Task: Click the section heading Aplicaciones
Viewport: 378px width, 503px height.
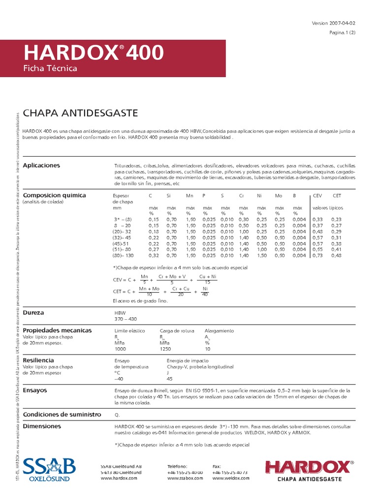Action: (x=41, y=165)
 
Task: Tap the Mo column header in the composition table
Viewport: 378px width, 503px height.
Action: (x=278, y=196)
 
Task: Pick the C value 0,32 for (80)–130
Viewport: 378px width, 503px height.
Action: (x=154, y=255)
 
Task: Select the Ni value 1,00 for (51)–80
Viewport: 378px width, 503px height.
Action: (x=261, y=250)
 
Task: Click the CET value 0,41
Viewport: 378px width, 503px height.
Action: (x=336, y=250)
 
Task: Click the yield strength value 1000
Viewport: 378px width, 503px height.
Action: (x=120, y=349)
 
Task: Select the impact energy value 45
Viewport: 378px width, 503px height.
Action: (x=170, y=379)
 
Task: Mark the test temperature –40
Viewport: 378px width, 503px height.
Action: (x=119, y=379)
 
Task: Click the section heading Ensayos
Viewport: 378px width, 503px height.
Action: (x=34, y=390)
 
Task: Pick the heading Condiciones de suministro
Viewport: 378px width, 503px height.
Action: (x=62, y=414)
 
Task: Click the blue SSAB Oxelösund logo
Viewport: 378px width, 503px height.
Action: (x=49, y=469)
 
